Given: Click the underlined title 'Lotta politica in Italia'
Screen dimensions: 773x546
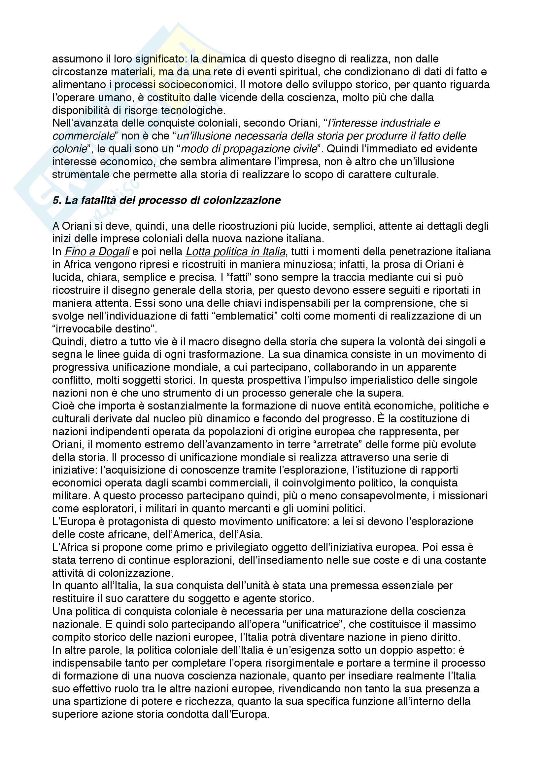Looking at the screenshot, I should coord(236,251).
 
